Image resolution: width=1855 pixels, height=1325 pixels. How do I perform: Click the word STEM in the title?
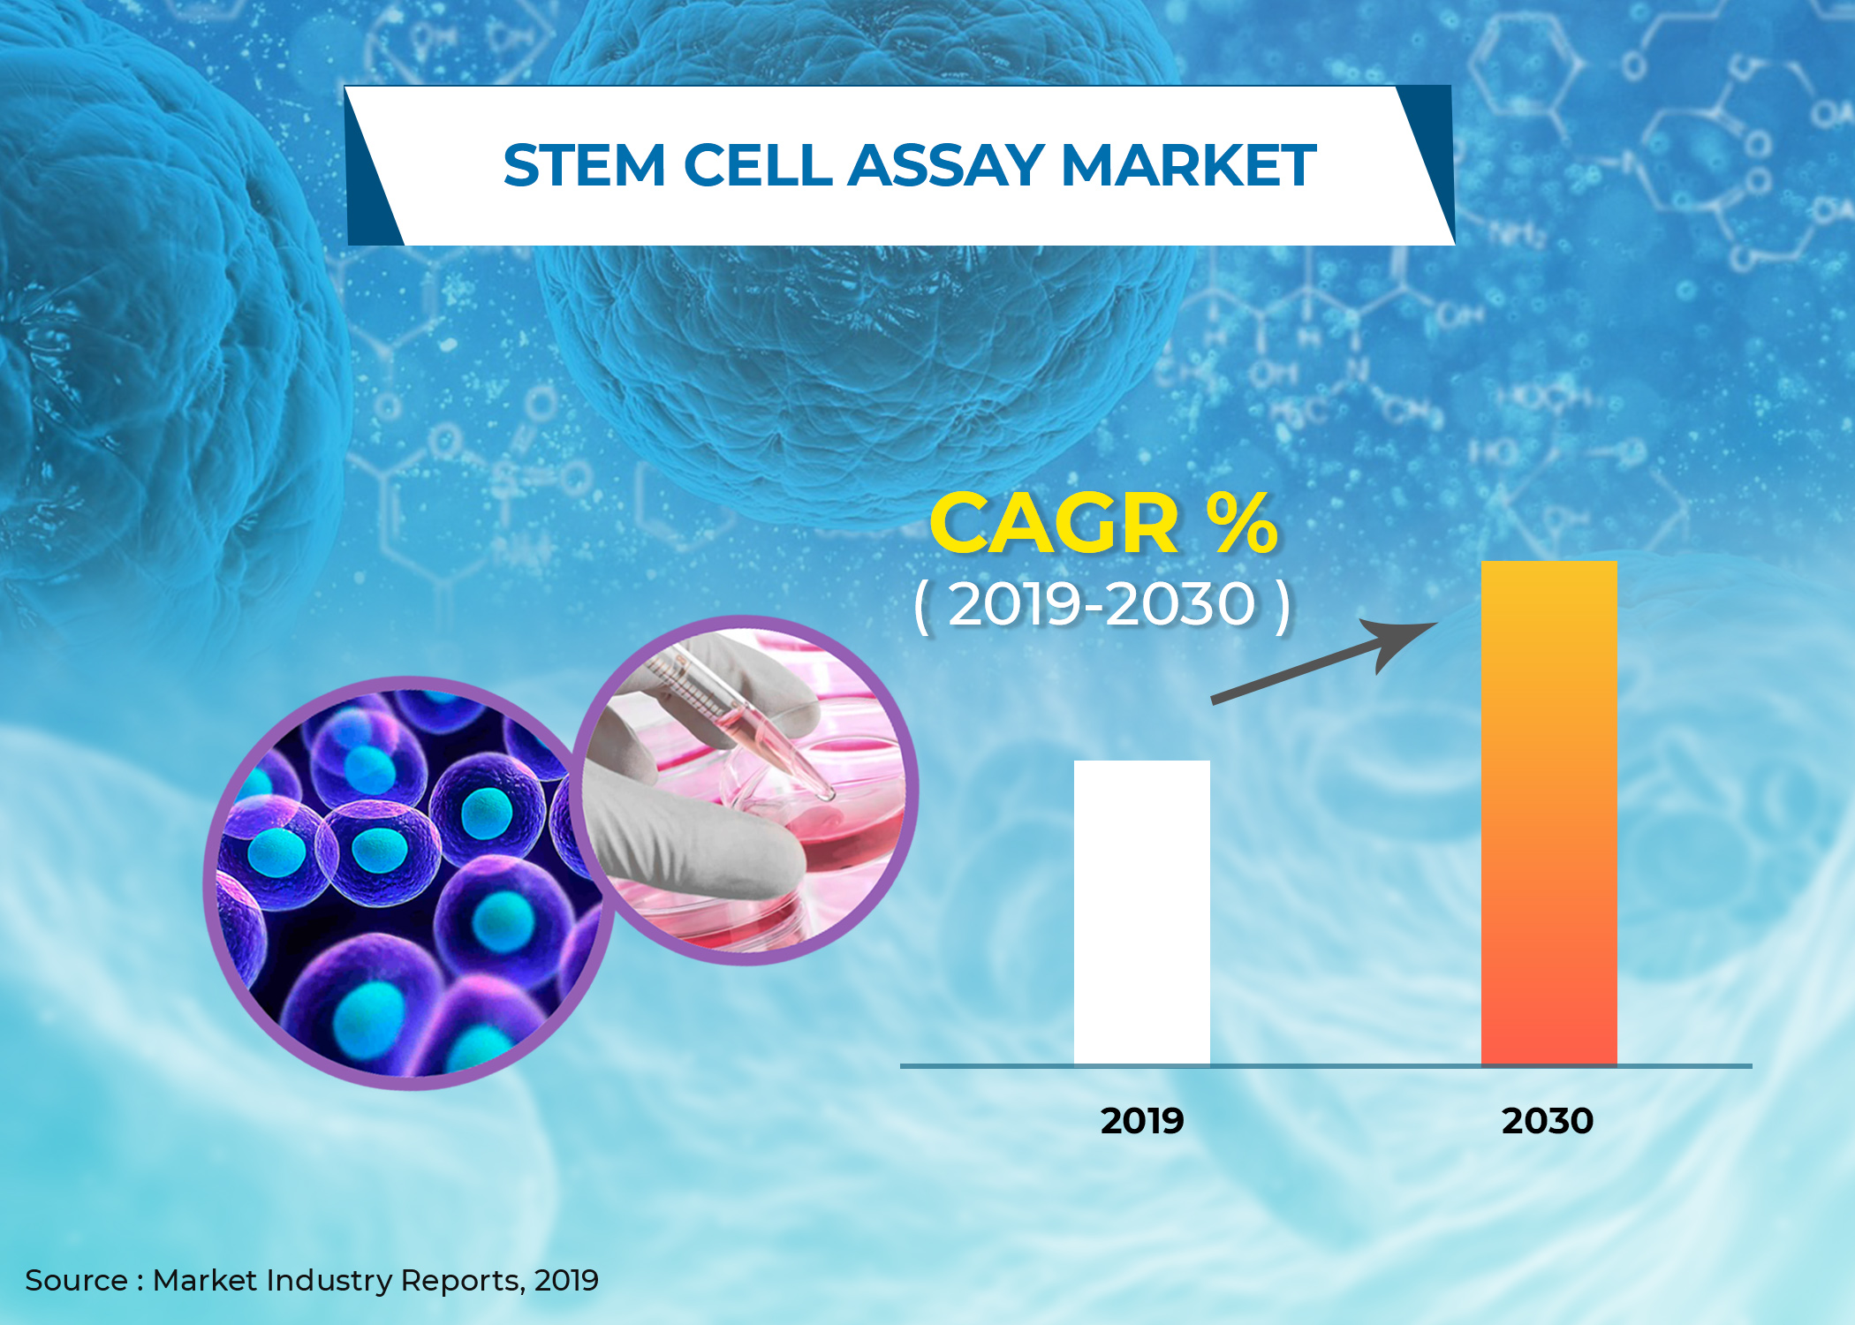click(x=584, y=166)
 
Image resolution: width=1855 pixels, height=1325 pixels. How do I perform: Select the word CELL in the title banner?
click(x=757, y=166)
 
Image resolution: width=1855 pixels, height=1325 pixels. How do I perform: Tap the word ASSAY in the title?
click(x=946, y=166)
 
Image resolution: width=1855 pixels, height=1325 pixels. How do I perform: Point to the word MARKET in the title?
click(x=1189, y=166)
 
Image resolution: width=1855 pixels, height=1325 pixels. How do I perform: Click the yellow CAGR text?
click(x=1054, y=525)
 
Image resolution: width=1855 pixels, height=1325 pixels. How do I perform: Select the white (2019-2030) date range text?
click(x=1102, y=606)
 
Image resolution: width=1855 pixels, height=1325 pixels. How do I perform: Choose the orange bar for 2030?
click(x=1548, y=813)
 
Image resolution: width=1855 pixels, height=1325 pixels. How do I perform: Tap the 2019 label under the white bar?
click(x=1141, y=1121)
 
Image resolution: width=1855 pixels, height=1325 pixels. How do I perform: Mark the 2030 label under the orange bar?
click(x=1548, y=1121)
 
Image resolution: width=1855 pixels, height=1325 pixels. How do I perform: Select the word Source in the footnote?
click(x=76, y=1281)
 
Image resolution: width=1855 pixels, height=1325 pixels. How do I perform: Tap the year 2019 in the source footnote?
click(x=566, y=1281)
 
